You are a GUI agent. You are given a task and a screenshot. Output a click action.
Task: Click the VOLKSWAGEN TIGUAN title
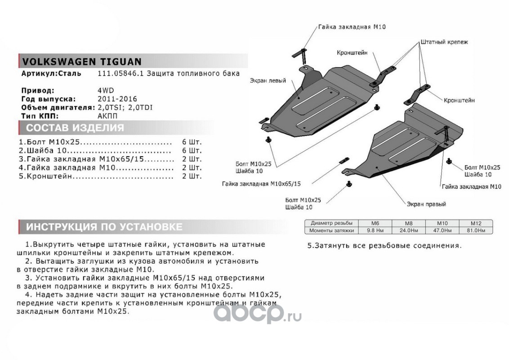pos(81,61)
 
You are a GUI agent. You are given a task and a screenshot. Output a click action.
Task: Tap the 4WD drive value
pos(106,90)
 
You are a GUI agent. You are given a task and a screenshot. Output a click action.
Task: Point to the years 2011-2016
pos(117,99)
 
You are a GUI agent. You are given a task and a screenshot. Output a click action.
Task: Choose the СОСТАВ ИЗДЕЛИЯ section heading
pos(75,128)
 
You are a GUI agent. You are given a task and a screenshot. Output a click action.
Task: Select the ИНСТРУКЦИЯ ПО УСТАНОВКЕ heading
pos(104,227)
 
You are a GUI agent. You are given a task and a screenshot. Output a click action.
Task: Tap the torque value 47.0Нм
pos(442,230)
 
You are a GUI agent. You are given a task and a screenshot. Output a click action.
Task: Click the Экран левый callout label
pos(268,81)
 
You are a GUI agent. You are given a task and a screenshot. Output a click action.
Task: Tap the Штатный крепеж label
pos(444,42)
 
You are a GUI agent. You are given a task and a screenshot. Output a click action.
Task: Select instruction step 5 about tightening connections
pos(384,246)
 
